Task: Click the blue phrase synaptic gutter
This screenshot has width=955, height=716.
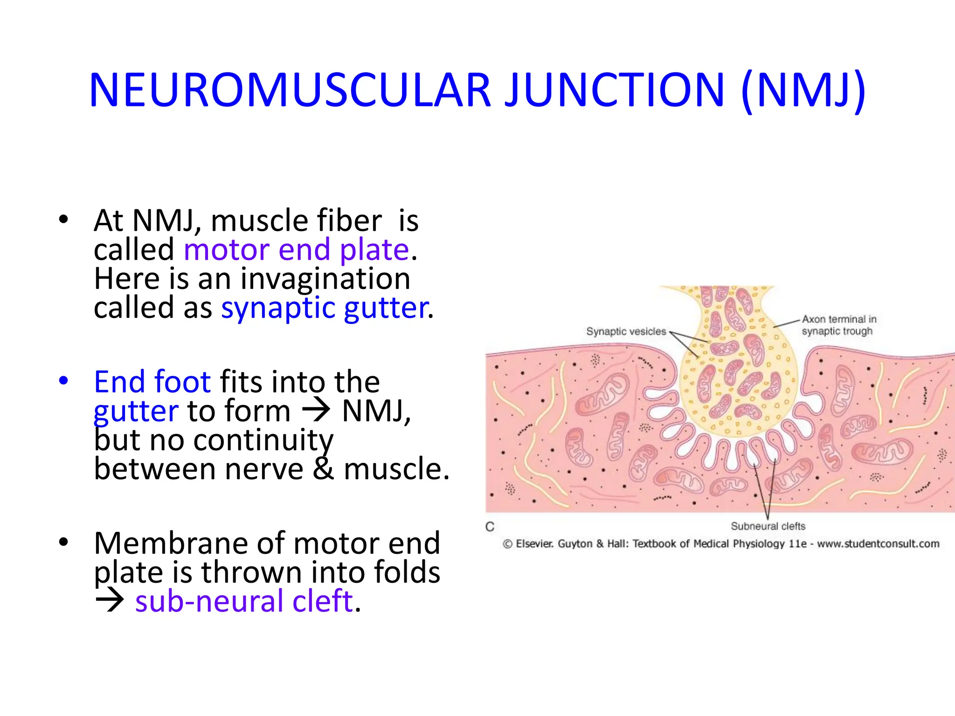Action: (325, 308)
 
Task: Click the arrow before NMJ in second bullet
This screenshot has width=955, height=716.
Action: (316, 411)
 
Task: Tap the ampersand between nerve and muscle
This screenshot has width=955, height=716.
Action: (323, 468)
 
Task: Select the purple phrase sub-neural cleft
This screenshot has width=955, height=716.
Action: (244, 601)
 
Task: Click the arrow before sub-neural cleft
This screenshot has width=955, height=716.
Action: (110, 601)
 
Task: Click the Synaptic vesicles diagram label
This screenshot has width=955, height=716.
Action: (626, 331)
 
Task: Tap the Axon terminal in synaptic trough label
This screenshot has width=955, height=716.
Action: (838, 325)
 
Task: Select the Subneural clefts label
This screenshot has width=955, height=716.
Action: (768, 526)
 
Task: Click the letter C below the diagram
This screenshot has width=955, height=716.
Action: (490, 527)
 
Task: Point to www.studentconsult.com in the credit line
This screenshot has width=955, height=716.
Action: (878, 544)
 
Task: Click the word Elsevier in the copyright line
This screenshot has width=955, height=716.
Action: (534, 544)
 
